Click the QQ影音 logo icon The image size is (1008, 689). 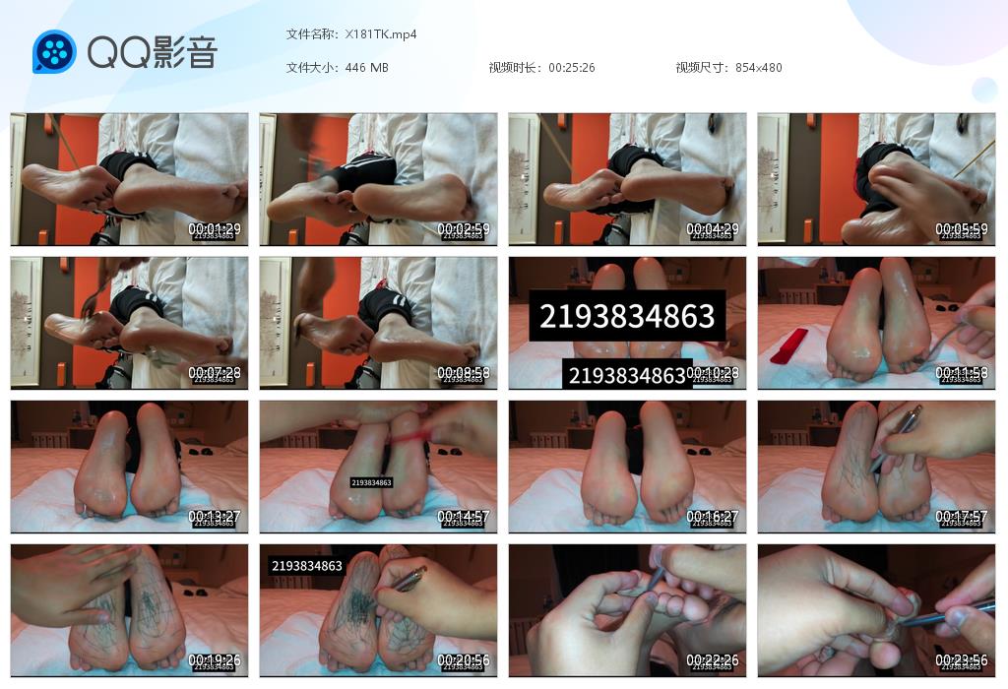[x=54, y=51]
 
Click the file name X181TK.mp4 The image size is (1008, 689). [x=381, y=33]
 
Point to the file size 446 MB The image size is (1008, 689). [x=366, y=67]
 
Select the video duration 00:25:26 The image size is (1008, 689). [x=571, y=67]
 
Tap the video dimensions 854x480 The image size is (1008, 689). [x=758, y=67]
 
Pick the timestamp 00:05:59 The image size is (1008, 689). [x=962, y=228]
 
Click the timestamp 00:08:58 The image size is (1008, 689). [x=464, y=373]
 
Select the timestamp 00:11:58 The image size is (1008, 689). [x=962, y=373]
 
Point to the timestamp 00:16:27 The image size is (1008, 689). [x=713, y=517]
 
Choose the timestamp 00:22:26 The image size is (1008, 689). [x=713, y=660]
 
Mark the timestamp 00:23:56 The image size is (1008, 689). [x=962, y=660]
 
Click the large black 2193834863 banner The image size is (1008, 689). [x=626, y=315]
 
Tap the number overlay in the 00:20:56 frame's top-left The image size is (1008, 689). [x=306, y=566]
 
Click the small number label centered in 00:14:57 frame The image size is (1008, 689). [x=371, y=482]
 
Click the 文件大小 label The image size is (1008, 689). [x=312, y=67]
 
